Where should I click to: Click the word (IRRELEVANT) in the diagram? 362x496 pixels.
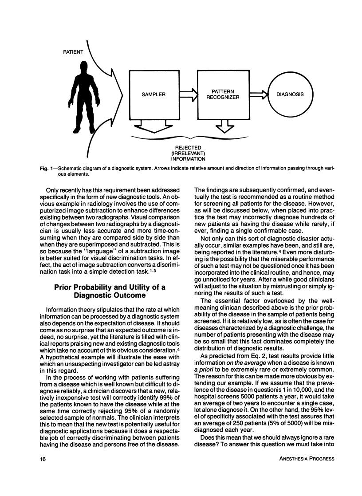tap(188, 153)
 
